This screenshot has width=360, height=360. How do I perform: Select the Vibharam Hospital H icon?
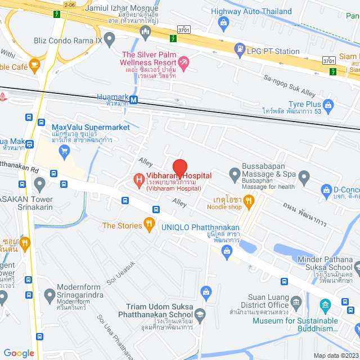pos(138,180)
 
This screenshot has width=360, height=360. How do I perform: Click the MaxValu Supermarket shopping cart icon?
pos(64,150)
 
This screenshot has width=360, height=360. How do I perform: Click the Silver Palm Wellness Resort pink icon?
pos(183,61)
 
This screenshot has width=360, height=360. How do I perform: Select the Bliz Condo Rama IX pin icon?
pos(110,38)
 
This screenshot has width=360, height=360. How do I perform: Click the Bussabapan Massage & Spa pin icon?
pos(235,174)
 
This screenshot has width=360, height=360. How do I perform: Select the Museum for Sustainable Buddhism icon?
pos(325,307)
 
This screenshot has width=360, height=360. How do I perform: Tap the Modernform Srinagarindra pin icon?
pos(49,293)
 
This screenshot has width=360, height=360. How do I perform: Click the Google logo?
pos(19,353)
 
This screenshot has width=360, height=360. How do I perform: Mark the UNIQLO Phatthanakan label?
pos(200,227)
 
